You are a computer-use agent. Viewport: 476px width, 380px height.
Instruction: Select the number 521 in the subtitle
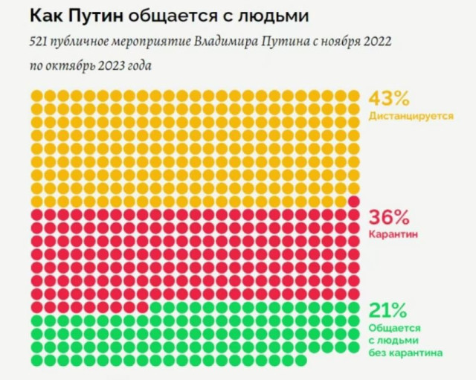pos(39,42)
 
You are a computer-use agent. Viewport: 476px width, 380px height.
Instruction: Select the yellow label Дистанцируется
pos(411,117)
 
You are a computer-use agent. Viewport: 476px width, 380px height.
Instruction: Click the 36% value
pos(387,217)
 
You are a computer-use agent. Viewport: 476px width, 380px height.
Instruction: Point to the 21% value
pos(386,309)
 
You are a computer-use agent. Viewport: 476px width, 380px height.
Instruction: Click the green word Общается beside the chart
pos(394,327)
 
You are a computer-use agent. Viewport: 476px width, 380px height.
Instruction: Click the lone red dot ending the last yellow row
pos(353,202)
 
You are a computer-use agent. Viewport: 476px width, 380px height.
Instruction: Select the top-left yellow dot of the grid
pos(36,96)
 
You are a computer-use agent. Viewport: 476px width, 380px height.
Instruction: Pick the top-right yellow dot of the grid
pos(353,96)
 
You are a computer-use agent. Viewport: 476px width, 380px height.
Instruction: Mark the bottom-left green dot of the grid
pos(36,360)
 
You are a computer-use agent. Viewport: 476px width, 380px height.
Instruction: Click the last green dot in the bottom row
pos(300,360)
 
